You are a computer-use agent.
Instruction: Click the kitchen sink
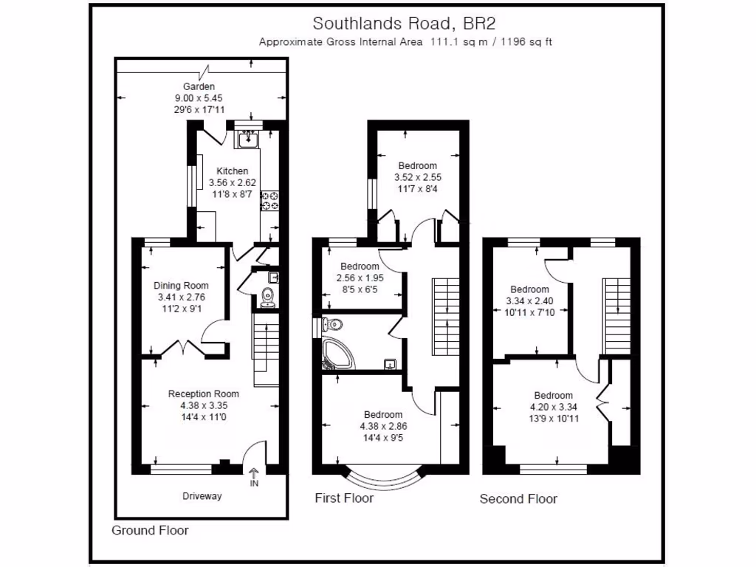[248, 137]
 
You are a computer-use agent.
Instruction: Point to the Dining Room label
[181, 286]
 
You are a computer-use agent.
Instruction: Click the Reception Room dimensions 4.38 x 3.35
[203, 405]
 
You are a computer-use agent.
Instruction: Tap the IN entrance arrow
[254, 477]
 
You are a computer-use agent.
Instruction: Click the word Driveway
[202, 496]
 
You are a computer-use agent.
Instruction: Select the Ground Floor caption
[150, 530]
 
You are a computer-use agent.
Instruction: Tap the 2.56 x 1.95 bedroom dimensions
[360, 278]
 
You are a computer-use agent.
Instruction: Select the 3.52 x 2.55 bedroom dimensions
[417, 177]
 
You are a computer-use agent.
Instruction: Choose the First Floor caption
[344, 498]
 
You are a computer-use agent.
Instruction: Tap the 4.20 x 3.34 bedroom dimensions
[553, 407]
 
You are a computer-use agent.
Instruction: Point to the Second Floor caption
[518, 499]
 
